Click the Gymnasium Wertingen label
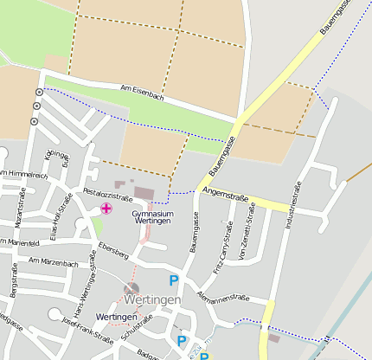(153, 216)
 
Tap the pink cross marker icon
(106, 209)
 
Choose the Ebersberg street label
(113, 251)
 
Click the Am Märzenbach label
(54, 261)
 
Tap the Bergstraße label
(13, 282)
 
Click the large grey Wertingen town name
(152, 299)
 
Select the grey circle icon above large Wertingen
(131, 288)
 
